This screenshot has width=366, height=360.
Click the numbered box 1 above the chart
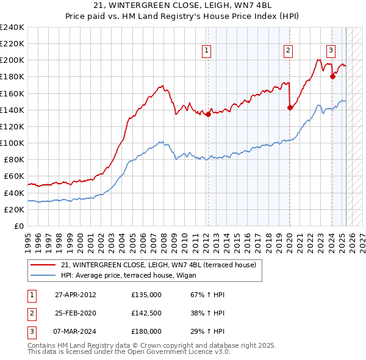coord(207,51)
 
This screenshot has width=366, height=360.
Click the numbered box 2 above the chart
coord(288,51)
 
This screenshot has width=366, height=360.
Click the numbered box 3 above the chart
coord(331,51)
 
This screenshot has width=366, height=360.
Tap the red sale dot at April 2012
coord(208,114)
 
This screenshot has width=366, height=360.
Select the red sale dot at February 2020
coord(290,108)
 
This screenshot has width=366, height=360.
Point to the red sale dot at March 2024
coord(332,76)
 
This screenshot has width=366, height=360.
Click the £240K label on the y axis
coord(12,27)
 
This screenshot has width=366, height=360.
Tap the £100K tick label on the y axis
coord(12,143)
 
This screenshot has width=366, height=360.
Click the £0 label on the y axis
coord(18,226)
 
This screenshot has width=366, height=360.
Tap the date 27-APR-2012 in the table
coord(75,295)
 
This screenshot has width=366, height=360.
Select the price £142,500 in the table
coord(146,313)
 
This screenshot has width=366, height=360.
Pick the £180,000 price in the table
coord(146,331)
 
